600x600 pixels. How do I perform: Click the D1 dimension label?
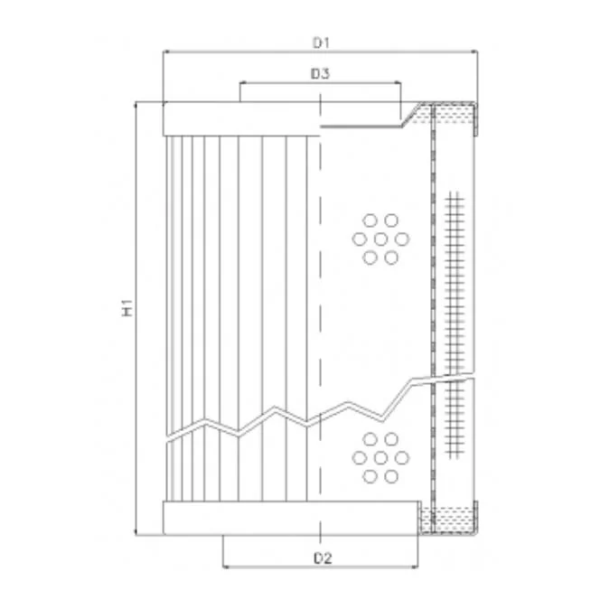(x=321, y=42)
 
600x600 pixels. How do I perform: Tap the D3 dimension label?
(x=320, y=73)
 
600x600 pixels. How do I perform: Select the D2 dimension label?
(x=323, y=558)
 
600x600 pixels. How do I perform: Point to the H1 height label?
(x=127, y=307)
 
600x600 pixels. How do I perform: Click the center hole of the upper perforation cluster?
(x=380, y=239)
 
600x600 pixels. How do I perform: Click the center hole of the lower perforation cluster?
(x=380, y=457)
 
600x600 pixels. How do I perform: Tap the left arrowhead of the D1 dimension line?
(x=166, y=51)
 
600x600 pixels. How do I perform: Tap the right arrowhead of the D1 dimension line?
(x=474, y=51)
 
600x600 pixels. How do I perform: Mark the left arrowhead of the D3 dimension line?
(x=243, y=82)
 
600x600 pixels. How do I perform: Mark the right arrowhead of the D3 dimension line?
(x=398, y=82)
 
